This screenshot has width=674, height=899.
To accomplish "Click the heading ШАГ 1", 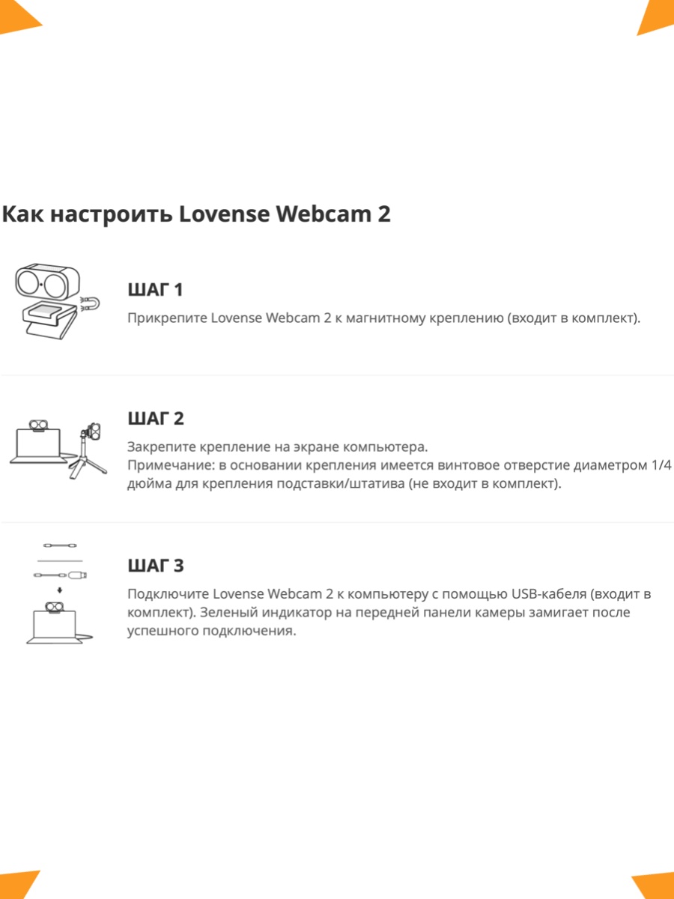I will pos(156,290).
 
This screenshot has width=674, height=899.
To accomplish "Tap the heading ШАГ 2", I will pos(156,419).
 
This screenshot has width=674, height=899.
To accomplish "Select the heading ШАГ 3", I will pos(156,566).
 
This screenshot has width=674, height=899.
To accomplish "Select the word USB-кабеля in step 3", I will pos(549,594).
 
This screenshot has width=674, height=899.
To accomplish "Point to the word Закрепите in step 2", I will pos(161,447).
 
